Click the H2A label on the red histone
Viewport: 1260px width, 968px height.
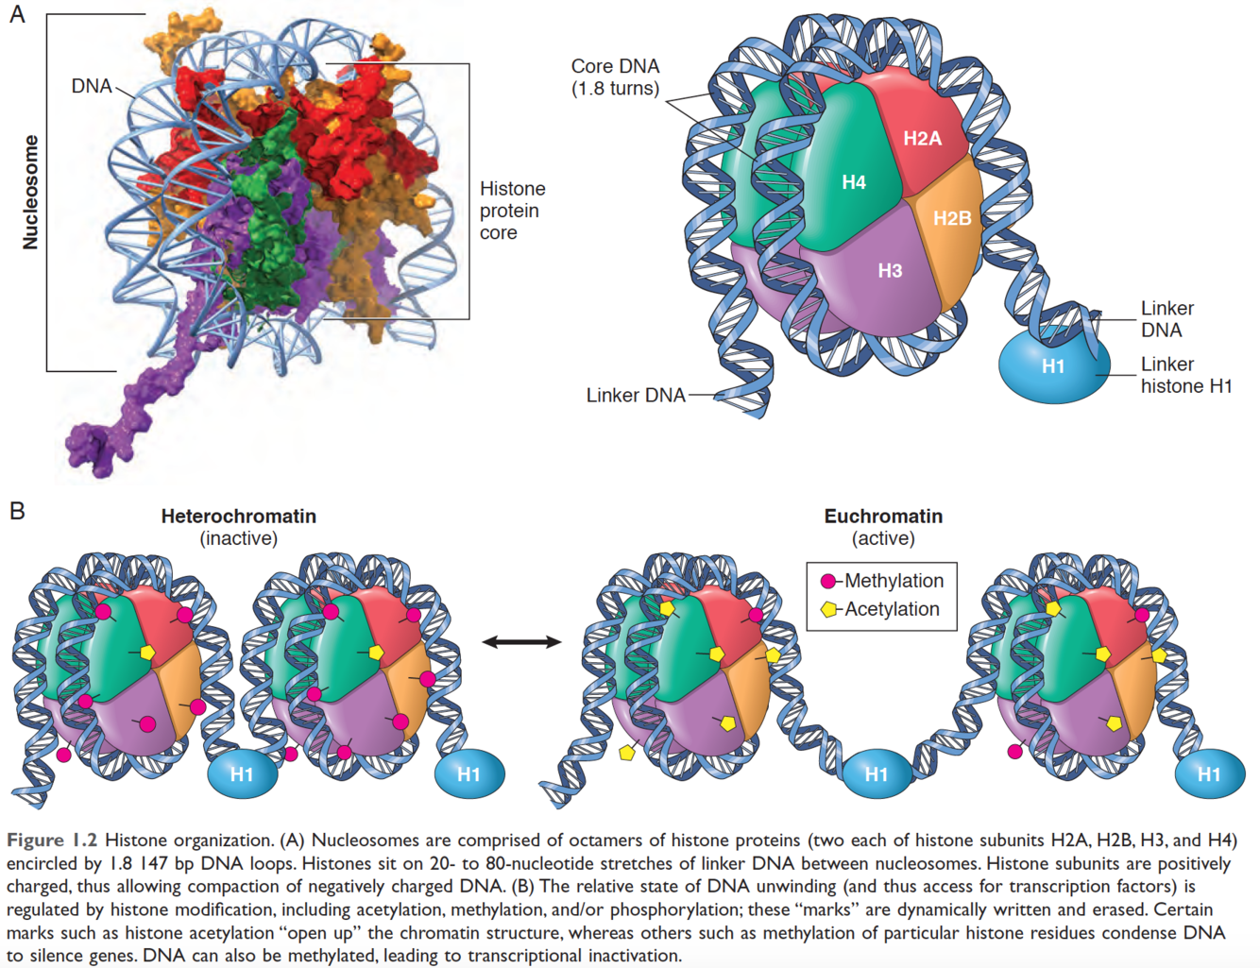point(922,139)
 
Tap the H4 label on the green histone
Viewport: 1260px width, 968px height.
point(854,182)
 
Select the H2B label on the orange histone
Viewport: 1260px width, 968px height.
point(952,218)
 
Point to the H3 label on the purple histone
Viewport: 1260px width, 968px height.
point(890,271)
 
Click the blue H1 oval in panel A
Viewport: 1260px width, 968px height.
point(1053,366)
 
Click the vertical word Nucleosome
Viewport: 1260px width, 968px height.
point(31,192)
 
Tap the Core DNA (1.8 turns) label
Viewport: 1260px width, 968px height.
point(615,77)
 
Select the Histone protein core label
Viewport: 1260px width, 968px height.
point(512,211)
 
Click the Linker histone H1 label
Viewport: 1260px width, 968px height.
point(1185,375)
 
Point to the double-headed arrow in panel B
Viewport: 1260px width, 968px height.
point(521,642)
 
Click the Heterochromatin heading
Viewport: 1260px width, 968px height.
point(238,517)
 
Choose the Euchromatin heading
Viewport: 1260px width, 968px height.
point(883,517)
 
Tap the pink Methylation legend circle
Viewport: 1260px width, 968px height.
point(828,582)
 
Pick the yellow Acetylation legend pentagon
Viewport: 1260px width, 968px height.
point(828,609)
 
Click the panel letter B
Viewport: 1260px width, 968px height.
point(17,511)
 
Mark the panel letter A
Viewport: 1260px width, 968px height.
point(17,14)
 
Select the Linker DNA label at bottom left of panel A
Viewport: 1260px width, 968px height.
point(636,395)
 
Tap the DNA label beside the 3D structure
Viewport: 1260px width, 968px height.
point(92,86)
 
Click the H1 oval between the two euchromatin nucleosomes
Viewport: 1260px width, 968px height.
point(876,774)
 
